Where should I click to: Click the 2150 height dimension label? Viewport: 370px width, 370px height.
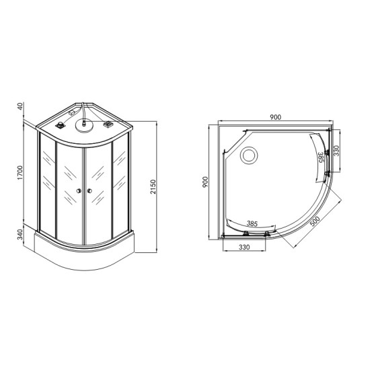153,186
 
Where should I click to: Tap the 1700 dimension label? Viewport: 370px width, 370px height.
20,173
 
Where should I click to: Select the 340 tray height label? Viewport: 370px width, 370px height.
20,234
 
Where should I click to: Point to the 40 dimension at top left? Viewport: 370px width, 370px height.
20,106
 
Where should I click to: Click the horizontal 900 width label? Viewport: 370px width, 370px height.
275,117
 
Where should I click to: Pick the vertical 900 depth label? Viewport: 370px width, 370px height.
206,182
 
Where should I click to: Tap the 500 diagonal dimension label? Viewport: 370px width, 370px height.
315,221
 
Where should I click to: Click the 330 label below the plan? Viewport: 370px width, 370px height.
244,247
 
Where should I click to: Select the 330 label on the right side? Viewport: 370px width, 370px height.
336,151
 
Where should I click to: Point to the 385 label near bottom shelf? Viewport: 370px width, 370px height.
252,223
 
